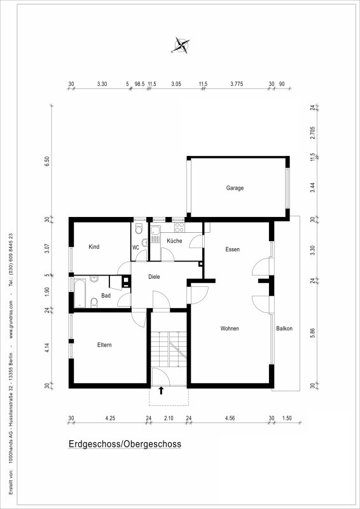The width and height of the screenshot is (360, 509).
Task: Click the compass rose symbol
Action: click(x=181, y=45)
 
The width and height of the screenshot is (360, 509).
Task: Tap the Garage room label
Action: click(x=235, y=188)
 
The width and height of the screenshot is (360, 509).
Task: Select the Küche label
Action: click(x=174, y=241)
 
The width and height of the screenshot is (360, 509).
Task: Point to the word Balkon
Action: click(x=284, y=328)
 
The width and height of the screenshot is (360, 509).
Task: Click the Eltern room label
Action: click(x=104, y=345)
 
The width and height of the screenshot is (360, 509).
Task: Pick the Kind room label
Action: click(x=93, y=247)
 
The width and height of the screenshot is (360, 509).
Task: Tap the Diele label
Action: click(x=154, y=277)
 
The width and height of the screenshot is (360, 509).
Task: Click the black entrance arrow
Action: click(x=161, y=391)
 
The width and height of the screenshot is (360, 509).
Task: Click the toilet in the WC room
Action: click(x=139, y=229)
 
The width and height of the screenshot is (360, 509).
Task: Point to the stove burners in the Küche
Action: click(x=179, y=227)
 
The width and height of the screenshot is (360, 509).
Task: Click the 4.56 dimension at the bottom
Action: click(x=230, y=418)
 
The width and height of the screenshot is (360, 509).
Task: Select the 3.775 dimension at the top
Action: click(x=237, y=84)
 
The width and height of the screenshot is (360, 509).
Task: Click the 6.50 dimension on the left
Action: click(x=48, y=162)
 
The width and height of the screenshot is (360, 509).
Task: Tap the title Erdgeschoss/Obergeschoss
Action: click(x=125, y=444)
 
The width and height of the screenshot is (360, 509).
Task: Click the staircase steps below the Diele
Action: click(x=169, y=349)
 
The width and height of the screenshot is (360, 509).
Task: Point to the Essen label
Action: click(x=233, y=249)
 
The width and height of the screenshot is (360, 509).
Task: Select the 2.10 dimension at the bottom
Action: click(x=169, y=418)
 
